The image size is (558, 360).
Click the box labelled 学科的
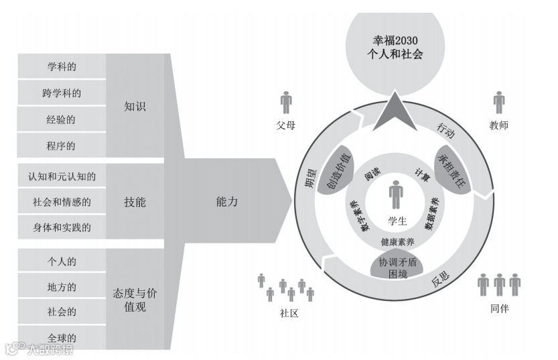click(x=62, y=67)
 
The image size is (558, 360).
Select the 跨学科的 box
click(x=62, y=93)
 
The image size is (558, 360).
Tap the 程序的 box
click(x=62, y=145)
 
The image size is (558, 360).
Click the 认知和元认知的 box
click(x=62, y=177)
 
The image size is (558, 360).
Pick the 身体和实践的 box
click(x=62, y=227)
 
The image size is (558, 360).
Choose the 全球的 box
click(x=62, y=337)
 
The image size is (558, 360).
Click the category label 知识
click(x=135, y=107)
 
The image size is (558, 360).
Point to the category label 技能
click(x=135, y=202)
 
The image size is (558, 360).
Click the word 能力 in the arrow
click(x=227, y=201)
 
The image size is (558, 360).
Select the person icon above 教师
click(x=499, y=103)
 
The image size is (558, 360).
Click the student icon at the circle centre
click(x=397, y=194)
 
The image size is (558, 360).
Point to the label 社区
click(x=289, y=312)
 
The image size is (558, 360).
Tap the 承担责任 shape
click(x=454, y=168)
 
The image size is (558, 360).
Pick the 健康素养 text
click(x=397, y=241)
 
